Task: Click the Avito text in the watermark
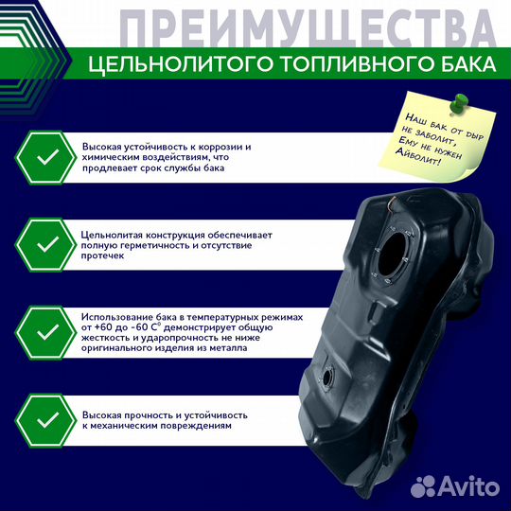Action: pyautogui.click(x=470, y=487)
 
